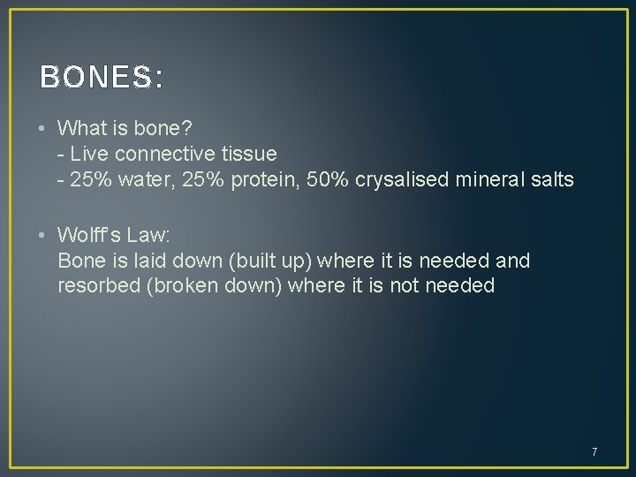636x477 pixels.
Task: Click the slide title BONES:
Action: [102, 79]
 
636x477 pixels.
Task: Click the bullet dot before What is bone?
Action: [42, 128]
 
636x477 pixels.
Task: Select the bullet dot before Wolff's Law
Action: [42, 235]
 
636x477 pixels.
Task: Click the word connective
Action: [167, 154]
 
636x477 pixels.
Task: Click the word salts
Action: [553, 180]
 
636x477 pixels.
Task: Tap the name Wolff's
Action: [90, 235]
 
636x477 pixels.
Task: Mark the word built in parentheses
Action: [253, 261]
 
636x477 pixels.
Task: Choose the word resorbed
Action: [96, 286]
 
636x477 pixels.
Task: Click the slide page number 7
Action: [594, 452]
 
